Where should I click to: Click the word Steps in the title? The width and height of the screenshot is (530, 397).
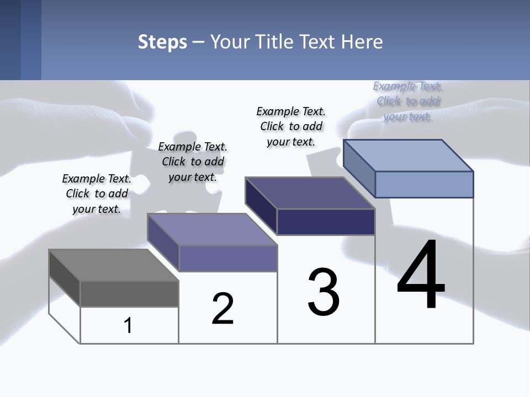click(x=162, y=42)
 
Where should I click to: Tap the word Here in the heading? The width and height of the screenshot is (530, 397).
click(x=363, y=42)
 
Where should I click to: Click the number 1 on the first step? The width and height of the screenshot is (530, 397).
click(x=128, y=326)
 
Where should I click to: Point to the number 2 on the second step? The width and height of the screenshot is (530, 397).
click(x=222, y=309)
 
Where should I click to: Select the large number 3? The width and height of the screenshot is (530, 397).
click(x=324, y=292)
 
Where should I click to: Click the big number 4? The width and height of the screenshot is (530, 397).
click(x=421, y=276)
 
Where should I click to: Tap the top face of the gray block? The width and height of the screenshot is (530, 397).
click(x=114, y=265)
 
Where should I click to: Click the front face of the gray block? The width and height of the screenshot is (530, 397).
click(x=129, y=293)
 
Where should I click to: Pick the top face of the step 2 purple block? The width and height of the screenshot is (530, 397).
click(x=212, y=229)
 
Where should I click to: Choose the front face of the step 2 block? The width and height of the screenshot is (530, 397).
click(x=227, y=258)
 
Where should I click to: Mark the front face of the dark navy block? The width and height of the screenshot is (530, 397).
click(x=326, y=222)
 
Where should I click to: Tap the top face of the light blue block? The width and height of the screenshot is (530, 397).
click(x=409, y=155)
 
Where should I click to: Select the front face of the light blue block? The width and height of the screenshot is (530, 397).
click(x=424, y=184)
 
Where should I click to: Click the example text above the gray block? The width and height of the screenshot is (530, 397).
click(x=97, y=194)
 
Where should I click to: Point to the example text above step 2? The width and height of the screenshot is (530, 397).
click(x=193, y=162)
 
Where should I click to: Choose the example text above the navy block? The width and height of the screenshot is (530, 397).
click(x=291, y=126)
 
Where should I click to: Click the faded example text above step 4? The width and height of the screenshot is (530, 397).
click(x=408, y=101)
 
